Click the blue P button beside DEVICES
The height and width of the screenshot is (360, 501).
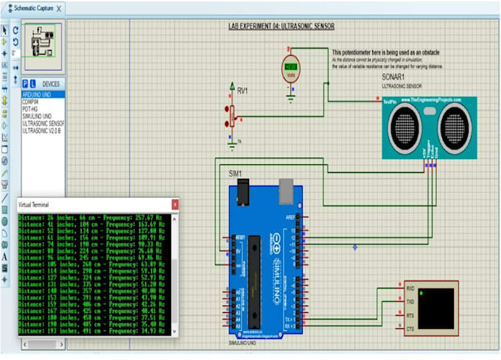pyautogui.click(x=25, y=84)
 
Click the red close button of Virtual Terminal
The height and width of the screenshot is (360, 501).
pyautogui.click(x=174, y=203)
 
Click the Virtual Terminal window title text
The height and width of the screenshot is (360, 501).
pyautogui.click(x=35, y=203)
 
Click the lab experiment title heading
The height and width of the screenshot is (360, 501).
pyautogui.click(x=282, y=26)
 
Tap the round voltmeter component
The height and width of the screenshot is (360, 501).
pyautogui.click(x=291, y=69)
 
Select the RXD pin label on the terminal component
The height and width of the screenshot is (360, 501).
pyautogui.click(x=410, y=289)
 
